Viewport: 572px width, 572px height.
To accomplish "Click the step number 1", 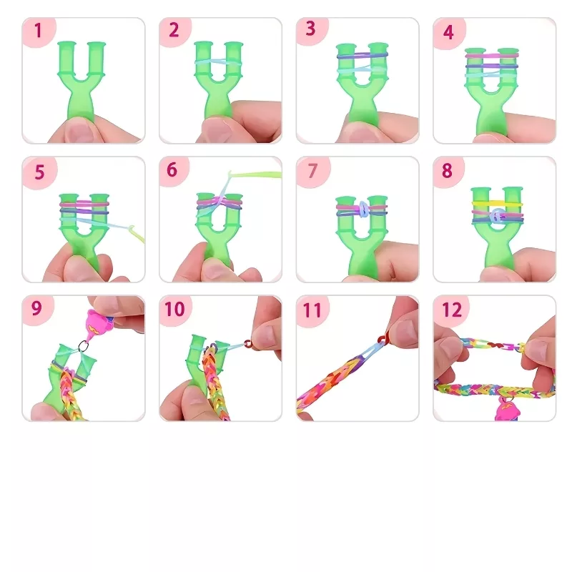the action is pyautogui.click(x=38, y=31).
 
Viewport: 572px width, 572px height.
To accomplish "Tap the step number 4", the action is pyautogui.click(x=448, y=32).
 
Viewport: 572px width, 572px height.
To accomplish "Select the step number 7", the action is pyautogui.click(x=312, y=171).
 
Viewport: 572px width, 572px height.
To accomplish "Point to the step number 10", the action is pyautogui.click(x=174, y=309).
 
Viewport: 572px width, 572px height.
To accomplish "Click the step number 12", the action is pyautogui.click(x=452, y=310).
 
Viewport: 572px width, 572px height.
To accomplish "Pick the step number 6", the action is pyautogui.click(x=172, y=170).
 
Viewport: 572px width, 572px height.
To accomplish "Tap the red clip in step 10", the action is pyautogui.click(x=248, y=343).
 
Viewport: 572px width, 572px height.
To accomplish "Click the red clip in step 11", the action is pyautogui.click(x=382, y=340).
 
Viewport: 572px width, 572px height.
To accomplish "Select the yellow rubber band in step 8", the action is pyautogui.click(x=497, y=203).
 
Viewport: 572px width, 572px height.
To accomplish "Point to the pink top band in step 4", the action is pyautogui.click(x=492, y=56).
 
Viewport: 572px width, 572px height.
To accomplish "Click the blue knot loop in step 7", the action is pyautogui.click(x=363, y=209).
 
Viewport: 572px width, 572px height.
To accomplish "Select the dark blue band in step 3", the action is pyautogui.click(x=363, y=56).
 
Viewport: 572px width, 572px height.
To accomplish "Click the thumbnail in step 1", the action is pyautogui.click(x=77, y=132).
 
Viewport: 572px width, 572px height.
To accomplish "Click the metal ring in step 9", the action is pyautogui.click(x=84, y=345).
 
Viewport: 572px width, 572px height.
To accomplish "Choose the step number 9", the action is pyautogui.click(x=36, y=308).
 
